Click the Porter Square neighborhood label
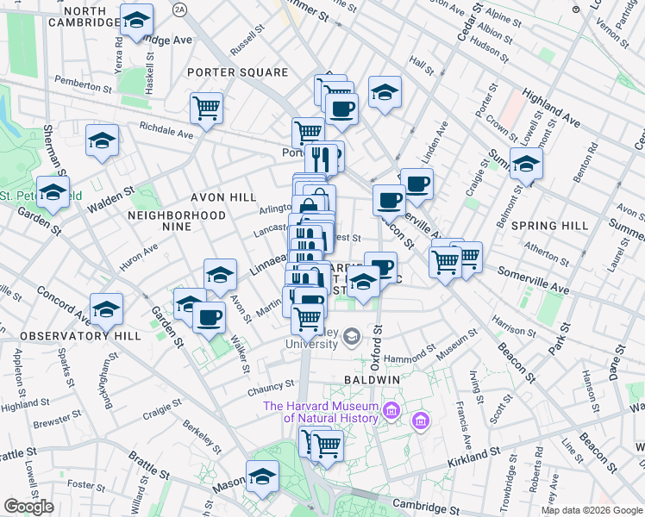pos(237,72)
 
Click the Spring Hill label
pos(548,225)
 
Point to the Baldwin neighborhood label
pos(370,379)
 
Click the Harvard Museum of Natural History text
pos(322,413)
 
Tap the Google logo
pos(28,507)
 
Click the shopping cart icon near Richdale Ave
pos(206,108)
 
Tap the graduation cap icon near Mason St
pos(262,477)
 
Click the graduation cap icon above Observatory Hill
pos(106,308)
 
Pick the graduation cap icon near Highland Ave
pos(526,164)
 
